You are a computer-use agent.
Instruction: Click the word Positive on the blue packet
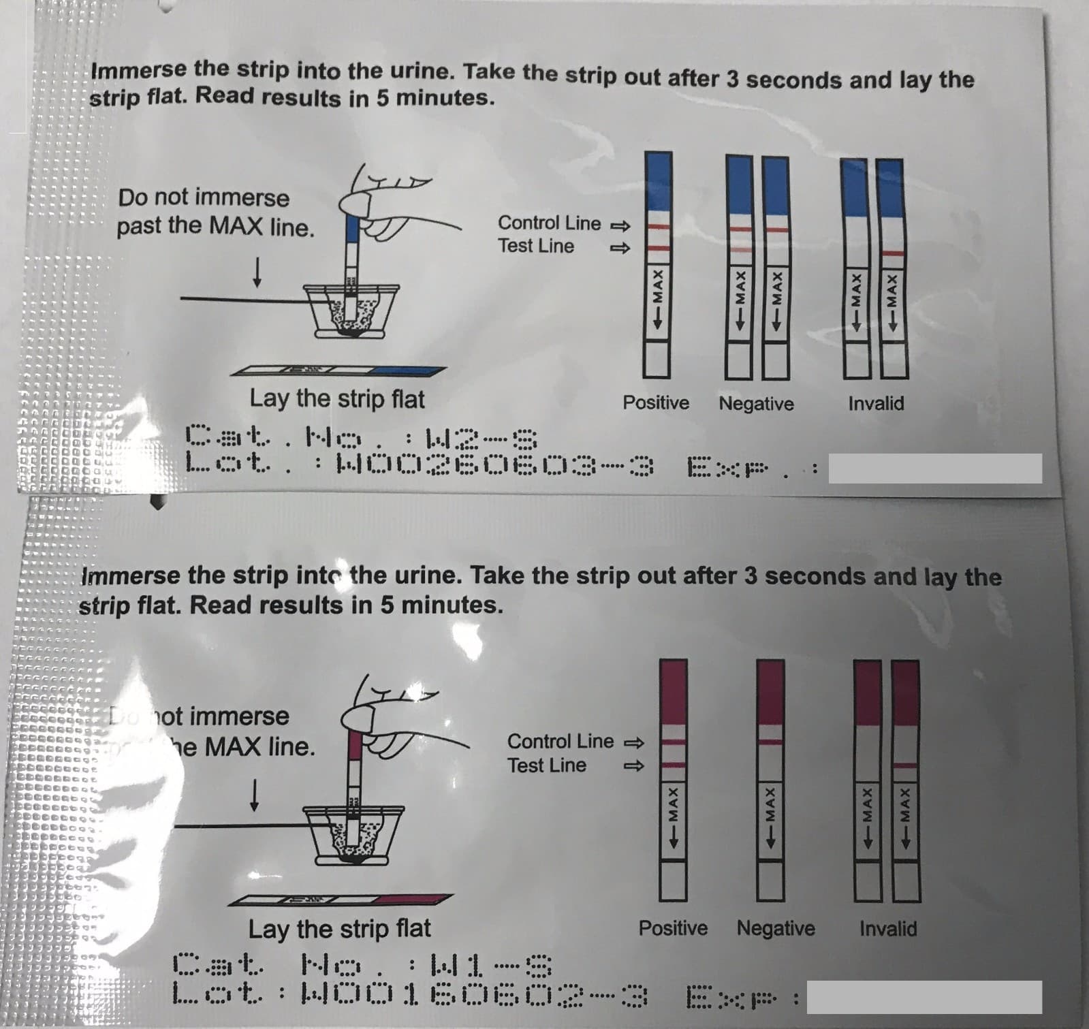655,403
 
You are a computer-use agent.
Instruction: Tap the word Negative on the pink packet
776,928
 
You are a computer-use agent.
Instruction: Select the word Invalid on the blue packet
876,403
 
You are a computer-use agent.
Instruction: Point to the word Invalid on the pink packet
888,928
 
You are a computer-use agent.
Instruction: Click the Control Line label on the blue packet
549,223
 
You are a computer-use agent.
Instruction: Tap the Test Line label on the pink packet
546,765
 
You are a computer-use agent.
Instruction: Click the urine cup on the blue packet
351,310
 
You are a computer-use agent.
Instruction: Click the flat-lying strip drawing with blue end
338,371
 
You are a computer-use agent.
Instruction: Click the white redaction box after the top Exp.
934,469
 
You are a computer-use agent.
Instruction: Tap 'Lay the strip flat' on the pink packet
339,928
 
